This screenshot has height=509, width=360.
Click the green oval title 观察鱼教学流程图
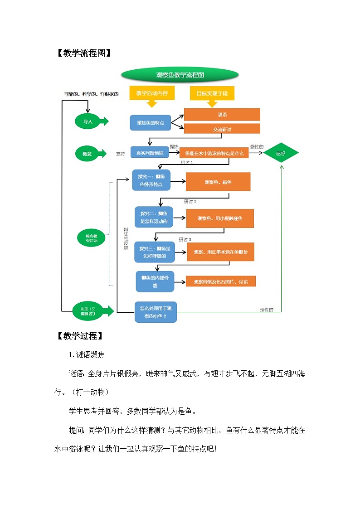[180, 75]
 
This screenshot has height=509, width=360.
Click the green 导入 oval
[88, 121]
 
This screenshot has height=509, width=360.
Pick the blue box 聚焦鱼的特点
[151, 122]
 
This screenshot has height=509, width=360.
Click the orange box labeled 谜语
[222, 115]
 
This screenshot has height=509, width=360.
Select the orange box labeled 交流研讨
[222, 129]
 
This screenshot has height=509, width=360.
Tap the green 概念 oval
[88, 154]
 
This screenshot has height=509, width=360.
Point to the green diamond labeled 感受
[281, 154]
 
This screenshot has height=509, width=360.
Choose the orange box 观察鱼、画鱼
[218, 182]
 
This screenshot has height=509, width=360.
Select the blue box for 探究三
[154, 252]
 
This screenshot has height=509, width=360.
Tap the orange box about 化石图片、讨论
[220, 281]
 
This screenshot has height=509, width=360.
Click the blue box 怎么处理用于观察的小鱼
[156, 312]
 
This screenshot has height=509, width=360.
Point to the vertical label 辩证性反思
[126, 239]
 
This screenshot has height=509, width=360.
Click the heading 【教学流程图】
[82, 53]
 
